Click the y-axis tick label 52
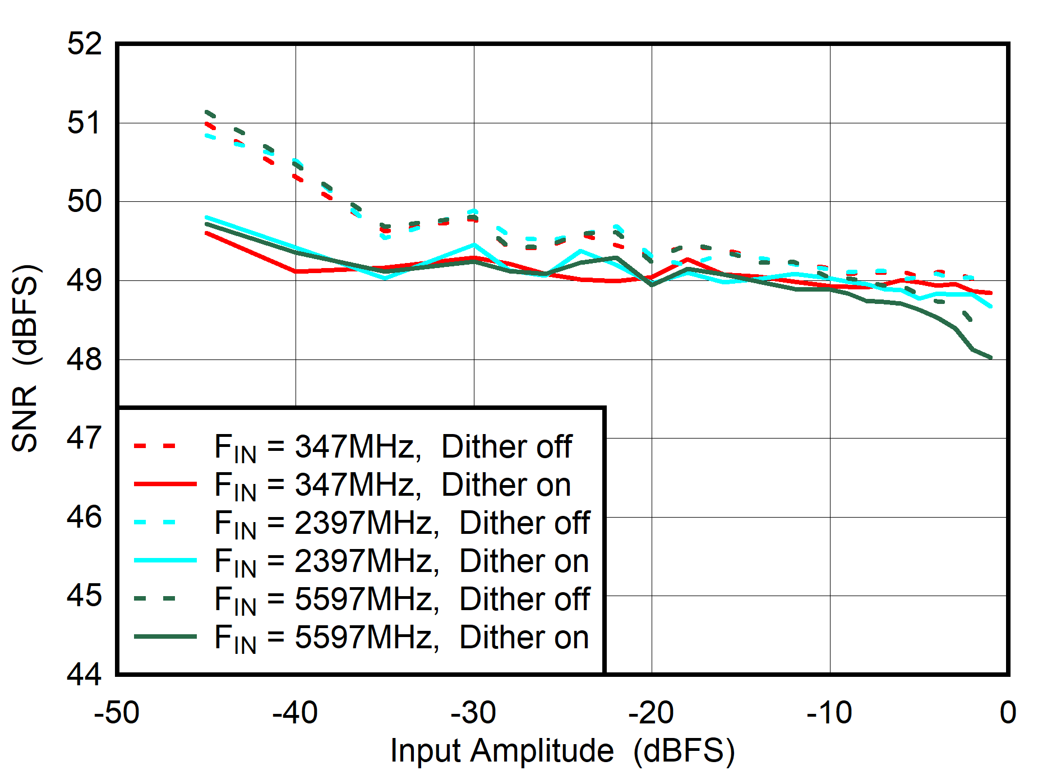coord(85,43)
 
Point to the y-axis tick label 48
coord(85,359)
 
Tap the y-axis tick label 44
coord(85,673)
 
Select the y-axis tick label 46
coord(85,516)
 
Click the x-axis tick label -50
coord(116,713)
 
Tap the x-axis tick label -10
coord(829,713)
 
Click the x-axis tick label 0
coord(1007,713)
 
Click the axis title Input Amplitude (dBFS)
coord(562,750)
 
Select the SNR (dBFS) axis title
coord(25,358)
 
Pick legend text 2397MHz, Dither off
coord(402,523)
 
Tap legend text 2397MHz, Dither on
coord(402,561)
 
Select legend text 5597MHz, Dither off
coord(402,599)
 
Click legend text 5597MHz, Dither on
coord(402,638)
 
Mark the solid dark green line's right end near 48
coord(991,357)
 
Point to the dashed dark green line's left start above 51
coord(207,112)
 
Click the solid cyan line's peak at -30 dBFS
coord(474,245)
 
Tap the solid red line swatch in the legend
coord(165,483)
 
